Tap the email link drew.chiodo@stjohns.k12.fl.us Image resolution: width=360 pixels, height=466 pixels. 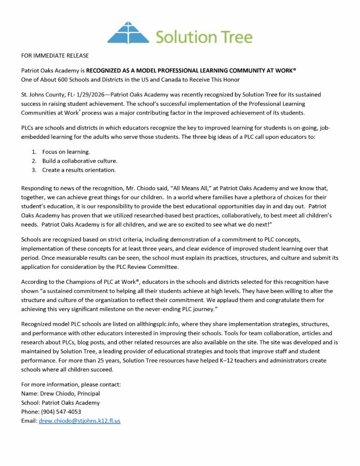coord(80,421)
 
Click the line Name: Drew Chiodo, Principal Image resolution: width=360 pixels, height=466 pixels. coord(61,394)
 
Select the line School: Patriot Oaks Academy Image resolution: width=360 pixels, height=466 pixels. coord(61,403)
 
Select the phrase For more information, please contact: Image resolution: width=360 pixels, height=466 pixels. coord(71,385)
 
